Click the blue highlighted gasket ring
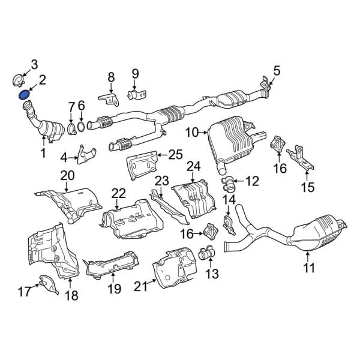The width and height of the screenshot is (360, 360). click(25, 94)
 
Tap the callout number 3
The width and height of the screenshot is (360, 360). click(34, 64)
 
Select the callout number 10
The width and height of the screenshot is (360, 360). click(191, 131)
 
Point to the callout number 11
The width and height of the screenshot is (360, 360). click(308, 269)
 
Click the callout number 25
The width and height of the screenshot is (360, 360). click(175, 155)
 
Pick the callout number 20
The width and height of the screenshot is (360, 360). click(67, 175)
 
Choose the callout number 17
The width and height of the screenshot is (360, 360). click(24, 292)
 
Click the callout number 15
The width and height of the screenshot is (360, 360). click(307, 188)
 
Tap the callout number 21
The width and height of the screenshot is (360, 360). click(140, 287)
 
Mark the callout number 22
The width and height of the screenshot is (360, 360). click(119, 193)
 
